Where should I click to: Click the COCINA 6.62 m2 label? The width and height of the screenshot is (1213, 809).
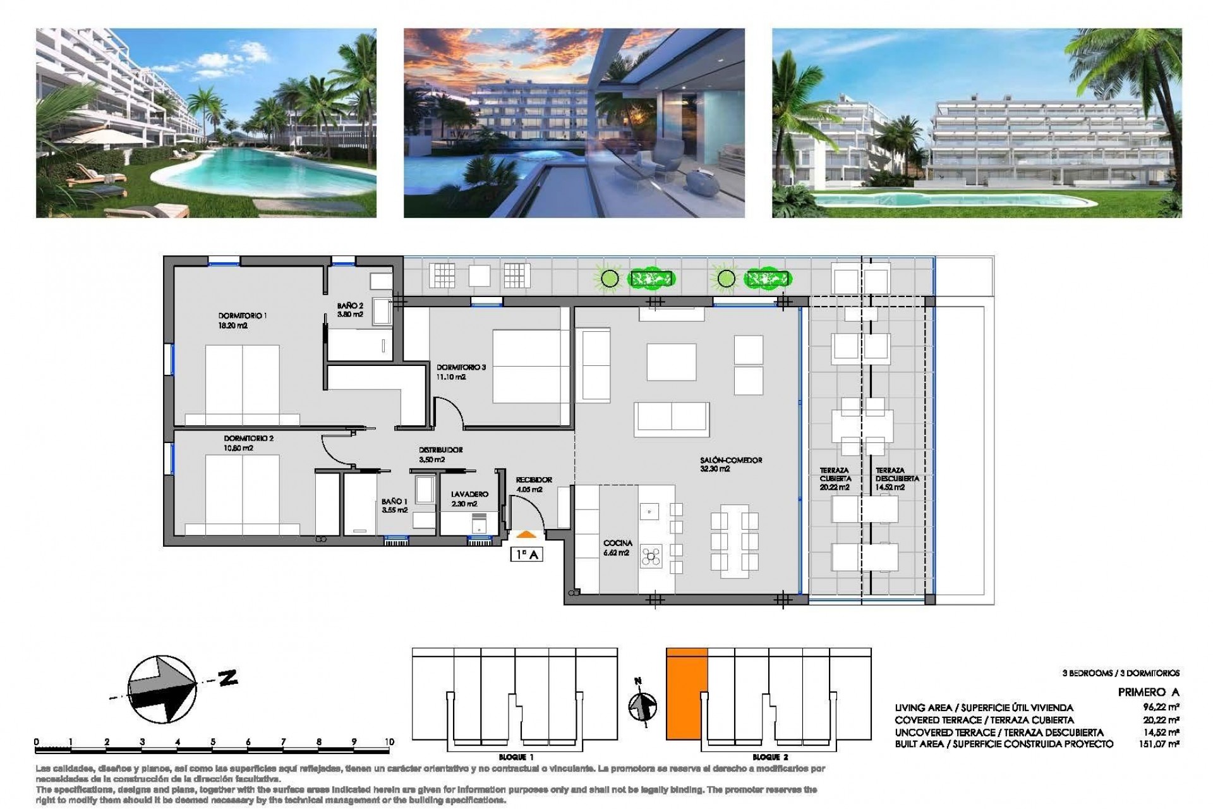tap(617, 548)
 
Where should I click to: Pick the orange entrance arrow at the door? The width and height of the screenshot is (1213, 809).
tap(527, 535)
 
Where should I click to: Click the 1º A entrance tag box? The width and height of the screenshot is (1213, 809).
tap(527, 555)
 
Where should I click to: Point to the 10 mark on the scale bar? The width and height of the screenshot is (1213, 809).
tap(389, 742)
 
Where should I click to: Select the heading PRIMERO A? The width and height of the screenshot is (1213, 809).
tap(1148, 692)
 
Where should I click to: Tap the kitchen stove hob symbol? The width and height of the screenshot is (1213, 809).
tap(651, 557)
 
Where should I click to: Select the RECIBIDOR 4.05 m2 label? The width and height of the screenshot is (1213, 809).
tap(533, 485)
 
